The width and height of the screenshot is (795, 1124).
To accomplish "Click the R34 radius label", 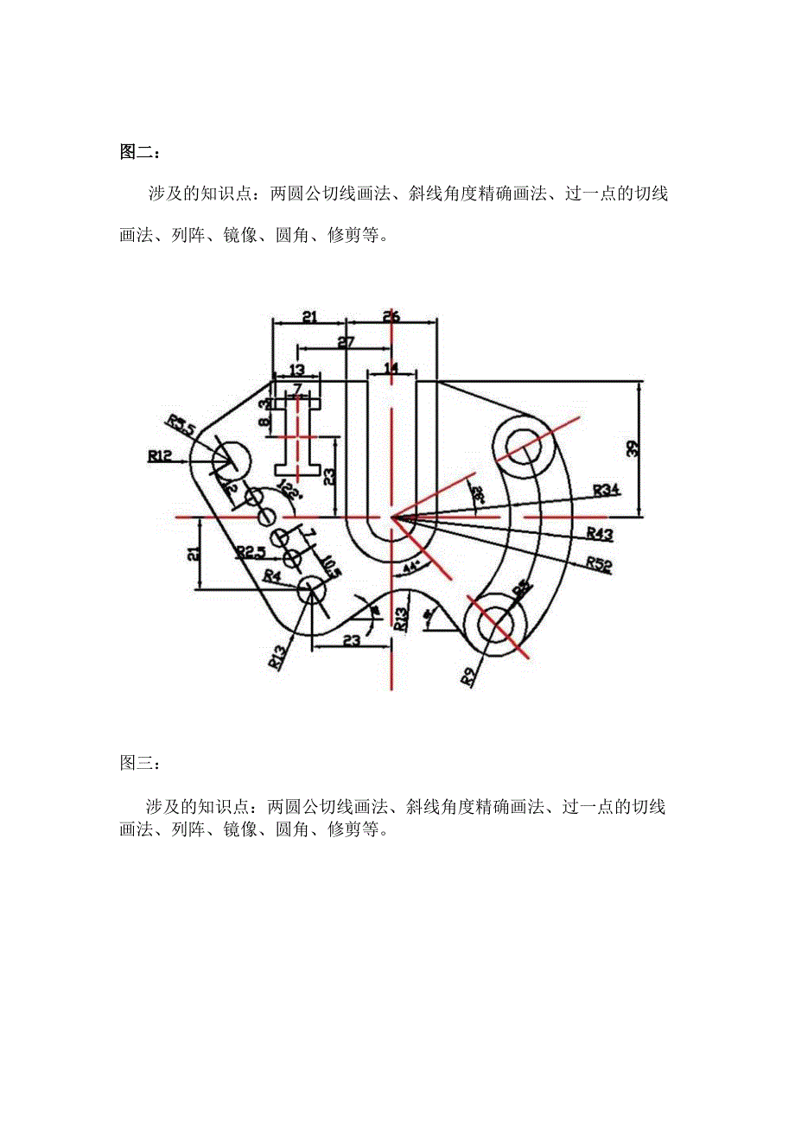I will [607, 490].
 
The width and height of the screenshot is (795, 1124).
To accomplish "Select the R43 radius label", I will [600, 533].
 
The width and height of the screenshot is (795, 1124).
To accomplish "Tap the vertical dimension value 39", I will [657, 448].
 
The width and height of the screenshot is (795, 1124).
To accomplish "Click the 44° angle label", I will [411, 568].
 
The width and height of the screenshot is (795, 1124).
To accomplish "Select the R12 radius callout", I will [160, 454].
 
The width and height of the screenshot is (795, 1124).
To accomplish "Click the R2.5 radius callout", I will [250, 551].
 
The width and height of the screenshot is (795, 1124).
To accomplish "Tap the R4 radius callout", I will [271, 575].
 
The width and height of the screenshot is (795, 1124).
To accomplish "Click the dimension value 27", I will [346, 343].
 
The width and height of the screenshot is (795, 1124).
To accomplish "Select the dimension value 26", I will [391, 316].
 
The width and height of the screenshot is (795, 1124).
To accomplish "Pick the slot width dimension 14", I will [391, 368].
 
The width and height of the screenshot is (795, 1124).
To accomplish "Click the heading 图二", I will [136, 152].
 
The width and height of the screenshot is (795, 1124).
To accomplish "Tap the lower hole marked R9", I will [497, 623].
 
